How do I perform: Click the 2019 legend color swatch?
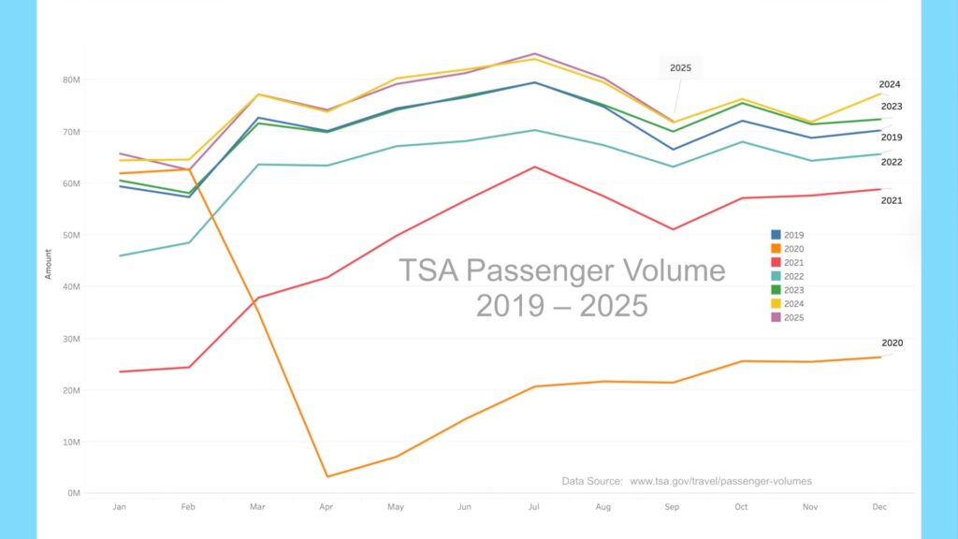(x=776, y=235)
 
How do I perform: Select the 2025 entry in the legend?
(x=789, y=318)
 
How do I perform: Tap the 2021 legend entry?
(x=789, y=263)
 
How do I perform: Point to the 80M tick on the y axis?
(x=72, y=80)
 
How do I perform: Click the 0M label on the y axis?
(x=75, y=493)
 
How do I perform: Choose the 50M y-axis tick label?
(x=72, y=235)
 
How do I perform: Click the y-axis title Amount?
(x=48, y=264)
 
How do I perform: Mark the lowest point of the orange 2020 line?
(x=326, y=477)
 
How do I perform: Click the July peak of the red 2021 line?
(x=534, y=167)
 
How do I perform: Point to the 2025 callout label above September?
(x=680, y=68)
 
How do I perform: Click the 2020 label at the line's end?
(x=891, y=343)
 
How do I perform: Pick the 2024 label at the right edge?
(x=889, y=84)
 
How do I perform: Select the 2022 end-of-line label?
(x=890, y=162)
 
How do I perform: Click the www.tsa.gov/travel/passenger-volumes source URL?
(x=720, y=481)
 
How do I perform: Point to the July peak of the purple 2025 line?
(x=534, y=53)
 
